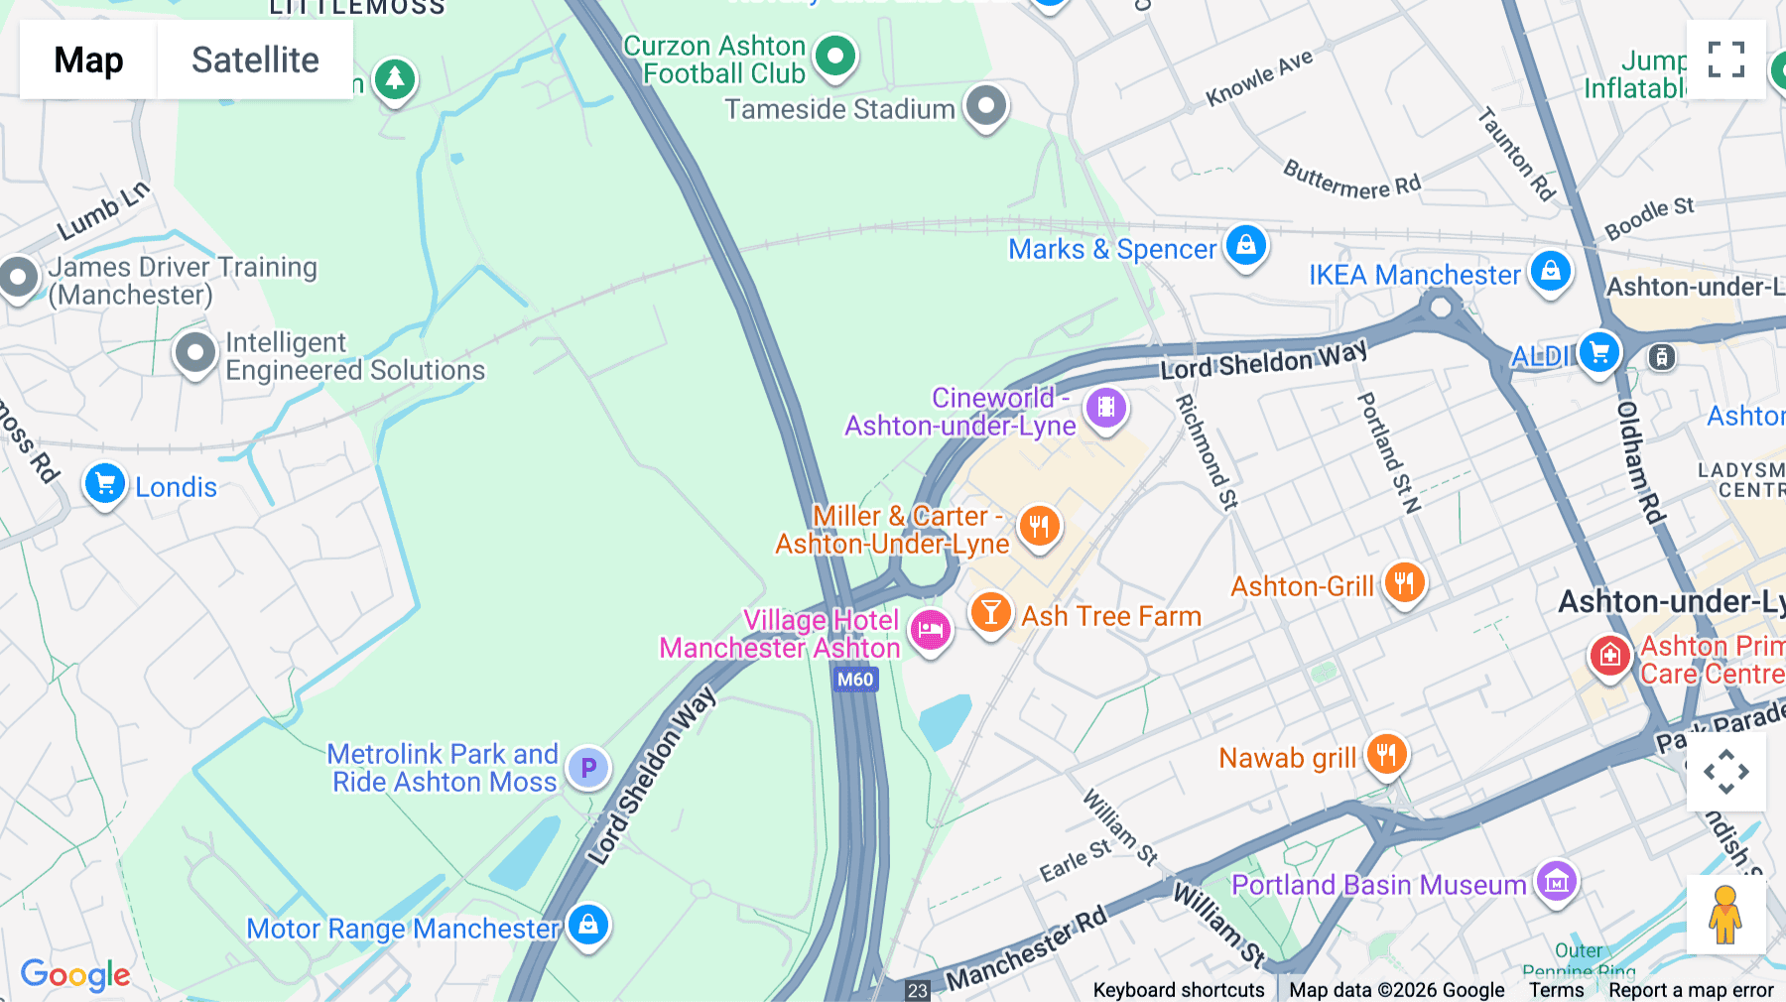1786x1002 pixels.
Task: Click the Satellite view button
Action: (x=255, y=60)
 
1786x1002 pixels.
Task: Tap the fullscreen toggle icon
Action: (x=1725, y=60)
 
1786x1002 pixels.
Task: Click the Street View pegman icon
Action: (x=1725, y=915)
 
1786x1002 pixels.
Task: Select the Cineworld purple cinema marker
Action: (x=1105, y=407)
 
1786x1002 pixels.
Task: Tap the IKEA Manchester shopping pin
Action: (x=1550, y=271)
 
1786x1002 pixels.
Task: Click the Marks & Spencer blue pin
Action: (x=1245, y=244)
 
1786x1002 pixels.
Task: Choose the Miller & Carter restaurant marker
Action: (x=1039, y=526)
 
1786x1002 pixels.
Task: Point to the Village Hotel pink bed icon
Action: (x=930, y=630)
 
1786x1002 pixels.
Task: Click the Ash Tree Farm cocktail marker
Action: (x=990, y=613)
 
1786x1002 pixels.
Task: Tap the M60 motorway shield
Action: (x=855, y=680)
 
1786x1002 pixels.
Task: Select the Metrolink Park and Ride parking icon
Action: (x=588, y=767)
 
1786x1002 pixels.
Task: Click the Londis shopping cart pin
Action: (x=104, y=484)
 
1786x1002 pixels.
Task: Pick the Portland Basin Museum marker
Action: (x=1556, y=880)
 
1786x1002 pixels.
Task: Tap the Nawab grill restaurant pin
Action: (x=1386, y=755)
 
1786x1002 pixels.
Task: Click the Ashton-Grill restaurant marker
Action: (x=1404, y=582)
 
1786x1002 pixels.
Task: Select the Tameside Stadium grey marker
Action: (x=986, y=105)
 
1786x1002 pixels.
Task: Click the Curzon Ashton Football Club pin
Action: (x=835, y=56)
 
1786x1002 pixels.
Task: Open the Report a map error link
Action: (x=1691, y=990)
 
